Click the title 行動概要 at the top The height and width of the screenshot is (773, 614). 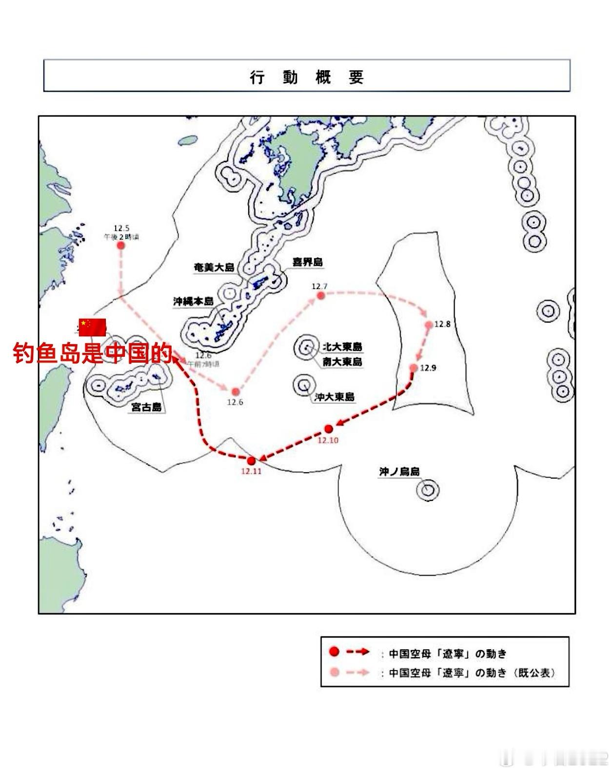point(307,77)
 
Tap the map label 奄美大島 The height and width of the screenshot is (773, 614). point(214,268)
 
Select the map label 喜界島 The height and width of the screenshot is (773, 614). point(307,262)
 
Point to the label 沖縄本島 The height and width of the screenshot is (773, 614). point(193,302)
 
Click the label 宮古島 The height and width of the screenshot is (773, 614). point(146,407)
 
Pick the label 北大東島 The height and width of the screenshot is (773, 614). point(342,347)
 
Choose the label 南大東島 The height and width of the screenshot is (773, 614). point(342,362)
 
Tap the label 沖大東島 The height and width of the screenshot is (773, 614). point(335,397)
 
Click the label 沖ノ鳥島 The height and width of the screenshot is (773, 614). point(399,471)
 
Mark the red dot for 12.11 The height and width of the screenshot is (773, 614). point(252,461)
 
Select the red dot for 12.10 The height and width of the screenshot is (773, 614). point(329,429)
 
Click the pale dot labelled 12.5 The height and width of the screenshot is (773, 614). point(121,245)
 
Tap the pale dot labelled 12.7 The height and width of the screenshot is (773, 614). point(320,295)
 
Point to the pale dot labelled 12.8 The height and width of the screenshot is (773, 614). point(429,325)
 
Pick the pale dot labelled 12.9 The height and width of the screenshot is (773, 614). point(414,368)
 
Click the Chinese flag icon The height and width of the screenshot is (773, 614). point(93,327)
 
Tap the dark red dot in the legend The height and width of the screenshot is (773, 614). point(334,652)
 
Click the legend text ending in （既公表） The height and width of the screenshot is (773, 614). point(472,673)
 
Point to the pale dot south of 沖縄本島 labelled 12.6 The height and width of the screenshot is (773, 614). point(236,391)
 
